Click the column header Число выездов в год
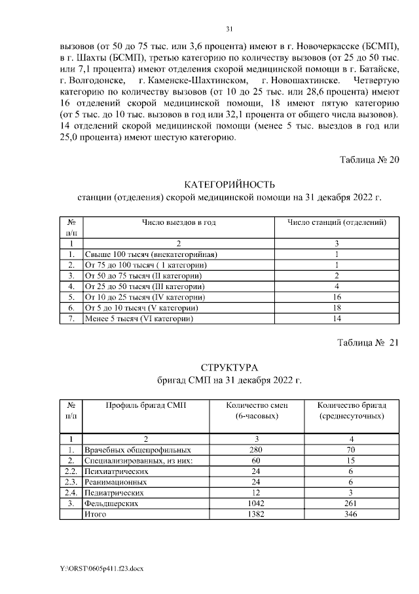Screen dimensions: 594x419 (x=179, y=223)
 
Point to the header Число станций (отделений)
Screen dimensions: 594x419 (x=335, y=223)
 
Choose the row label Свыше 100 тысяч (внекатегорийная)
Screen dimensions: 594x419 (x=150, y=254)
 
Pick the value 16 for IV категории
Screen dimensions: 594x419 (x=335, y=297)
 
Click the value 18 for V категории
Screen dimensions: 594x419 (x=335, y=307)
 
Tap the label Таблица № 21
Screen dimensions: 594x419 (x=367, y=343)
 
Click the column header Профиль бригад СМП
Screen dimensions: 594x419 (x=146, y=406)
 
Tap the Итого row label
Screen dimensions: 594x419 (x=96, y=515)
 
